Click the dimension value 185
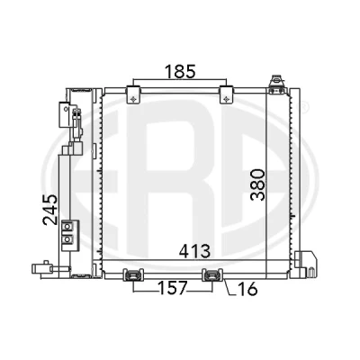click(180, 71)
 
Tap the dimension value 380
click(258, 184)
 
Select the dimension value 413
click(194, 251)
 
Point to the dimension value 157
click(173, 288)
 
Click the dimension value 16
click(247, 289)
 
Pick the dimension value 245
click(49, 210)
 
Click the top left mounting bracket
click(133, 94)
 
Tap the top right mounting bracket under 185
click(227, 94)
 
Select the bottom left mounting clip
click(133, 274)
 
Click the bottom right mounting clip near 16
click(212, 274)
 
